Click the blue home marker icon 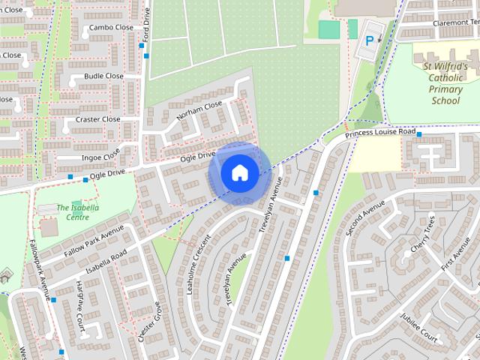[x=239, y=172]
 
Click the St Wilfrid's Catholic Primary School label [x=445, y=82]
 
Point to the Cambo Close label [x=110, y=28]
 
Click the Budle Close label [x=103, y=76]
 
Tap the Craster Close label [x=97, y=119]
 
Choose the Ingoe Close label [x=100, y=157]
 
